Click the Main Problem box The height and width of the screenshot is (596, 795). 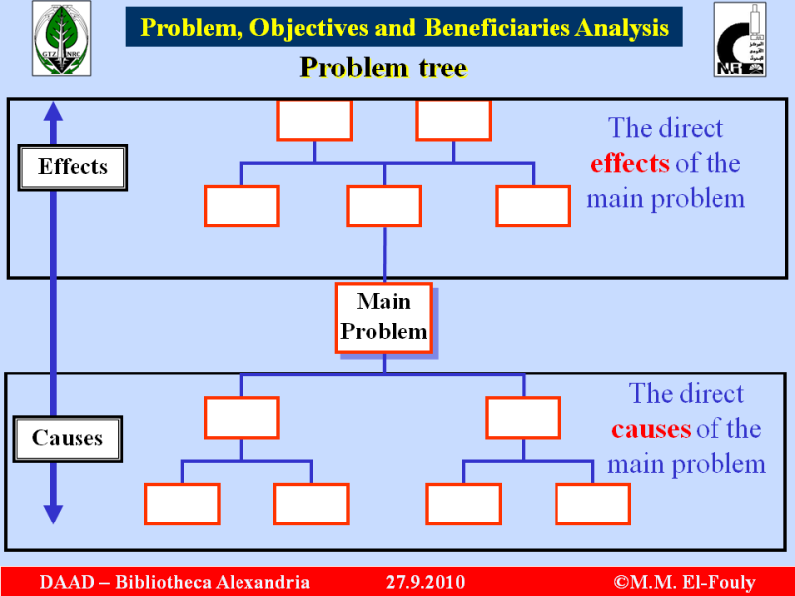[x=384, y=317]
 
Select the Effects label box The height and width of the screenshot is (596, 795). [x=73, y=167]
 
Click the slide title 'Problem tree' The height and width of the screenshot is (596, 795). [x=384, y=68]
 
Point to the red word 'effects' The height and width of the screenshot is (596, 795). [x=630, y=163]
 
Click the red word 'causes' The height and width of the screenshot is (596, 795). [x=651, y=429]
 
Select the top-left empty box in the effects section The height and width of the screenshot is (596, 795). [x=314, y=120]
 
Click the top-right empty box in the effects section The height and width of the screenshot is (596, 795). [x=453, y=120]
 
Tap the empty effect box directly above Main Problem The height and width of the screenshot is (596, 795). [x=384, y=206]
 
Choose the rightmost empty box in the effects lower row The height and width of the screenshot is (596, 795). [x=533, y=206]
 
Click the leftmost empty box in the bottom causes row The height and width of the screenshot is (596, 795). [x=182, y=504]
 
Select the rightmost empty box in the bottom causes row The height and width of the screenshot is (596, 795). [x=592, y=504]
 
